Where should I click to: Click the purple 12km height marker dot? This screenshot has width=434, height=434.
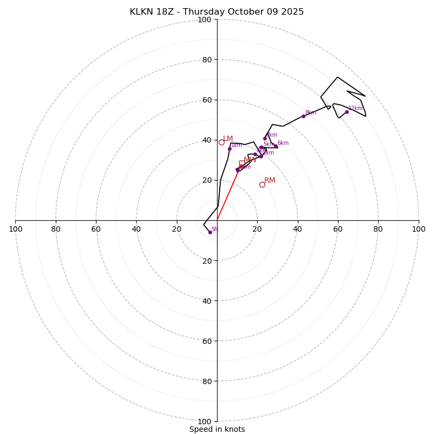point(347,112)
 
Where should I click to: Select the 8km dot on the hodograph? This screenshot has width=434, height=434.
point(303,116)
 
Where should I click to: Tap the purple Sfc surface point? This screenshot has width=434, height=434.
point(210,232)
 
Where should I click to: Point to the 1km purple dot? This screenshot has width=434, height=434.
point(229,149)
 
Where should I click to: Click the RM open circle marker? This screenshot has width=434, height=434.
point(262,184)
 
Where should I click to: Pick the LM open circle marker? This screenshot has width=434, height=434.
point(221,142)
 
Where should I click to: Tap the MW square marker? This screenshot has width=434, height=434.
point(242,163)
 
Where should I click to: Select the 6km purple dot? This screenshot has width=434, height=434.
point(276,146)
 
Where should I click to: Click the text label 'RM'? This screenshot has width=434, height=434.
point(270,180)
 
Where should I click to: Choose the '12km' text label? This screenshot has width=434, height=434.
point(355,108)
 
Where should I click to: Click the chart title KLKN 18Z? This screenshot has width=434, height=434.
point(216,12)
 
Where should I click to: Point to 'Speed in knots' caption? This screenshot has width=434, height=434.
point(217,429)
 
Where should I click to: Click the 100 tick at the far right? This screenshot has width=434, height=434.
point(419,229)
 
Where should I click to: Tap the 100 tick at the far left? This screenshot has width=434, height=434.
point(15,229)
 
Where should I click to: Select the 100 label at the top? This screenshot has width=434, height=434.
point(205,20)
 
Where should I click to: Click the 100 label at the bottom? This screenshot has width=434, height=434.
point(205,422)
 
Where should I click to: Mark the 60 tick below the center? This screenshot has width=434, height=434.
point(207,341)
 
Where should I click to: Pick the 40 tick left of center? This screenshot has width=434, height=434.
point(136,229)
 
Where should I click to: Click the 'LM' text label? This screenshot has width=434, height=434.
point(228,139)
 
